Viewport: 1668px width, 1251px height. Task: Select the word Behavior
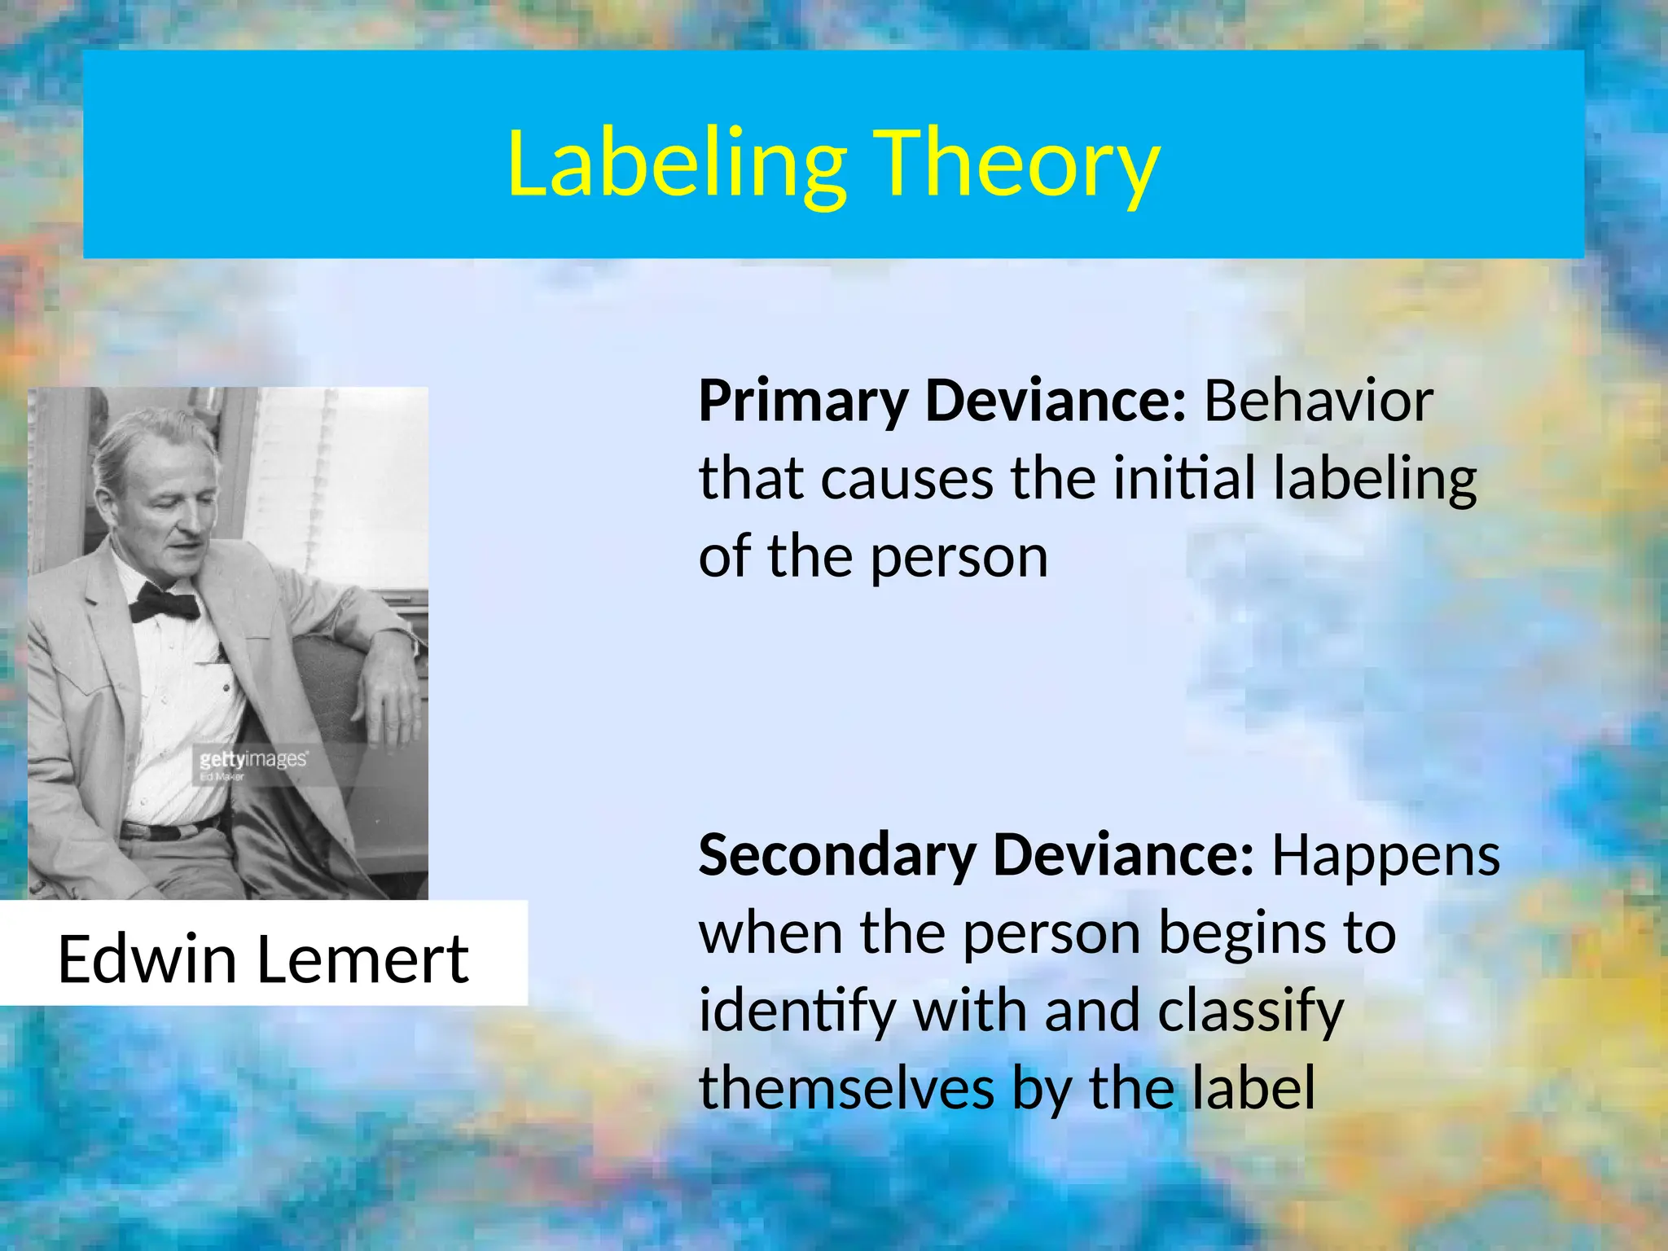tap(1318, 402)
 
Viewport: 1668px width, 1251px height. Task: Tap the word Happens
tap(1385, 858)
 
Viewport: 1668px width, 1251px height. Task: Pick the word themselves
tap(846, 1089)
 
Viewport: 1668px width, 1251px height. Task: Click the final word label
tap(1253, 1089)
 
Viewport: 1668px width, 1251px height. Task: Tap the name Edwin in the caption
tap(147, 959)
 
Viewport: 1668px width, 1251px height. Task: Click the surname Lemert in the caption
tap(362, 959)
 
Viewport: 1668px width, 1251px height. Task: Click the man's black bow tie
tap(165, 604)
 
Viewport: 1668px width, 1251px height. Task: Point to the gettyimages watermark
tap(253, 760)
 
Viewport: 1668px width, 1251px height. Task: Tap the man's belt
tap(167, 832)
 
